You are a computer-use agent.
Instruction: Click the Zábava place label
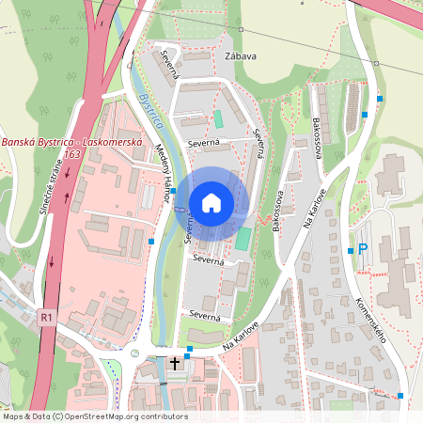pos(241,56)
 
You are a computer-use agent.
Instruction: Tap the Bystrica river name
pos(150,110)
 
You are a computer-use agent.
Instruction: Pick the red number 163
pos(70,153)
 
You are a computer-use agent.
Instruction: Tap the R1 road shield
pos(46,319)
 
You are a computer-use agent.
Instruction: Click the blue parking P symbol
pos(363,250)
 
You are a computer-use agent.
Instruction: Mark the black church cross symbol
pos(174,362)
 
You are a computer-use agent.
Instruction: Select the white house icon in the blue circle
pos(211,202)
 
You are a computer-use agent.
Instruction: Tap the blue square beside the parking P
pos(350,250)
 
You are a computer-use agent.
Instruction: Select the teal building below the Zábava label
pos(218,119)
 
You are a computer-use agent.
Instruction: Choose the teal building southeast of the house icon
pos(243,239)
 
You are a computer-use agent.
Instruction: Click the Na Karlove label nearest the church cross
pos(241,337)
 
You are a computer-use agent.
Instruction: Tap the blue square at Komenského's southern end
pos(401,396)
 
